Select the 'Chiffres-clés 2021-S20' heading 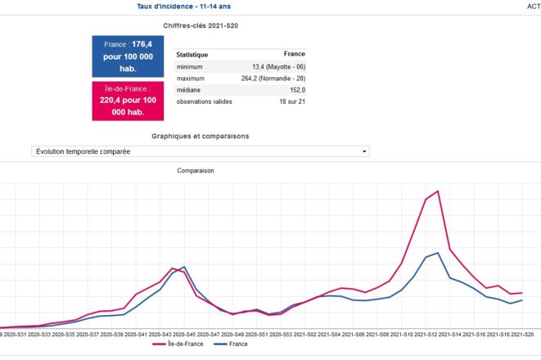pyautogui.click(x=201, y=26)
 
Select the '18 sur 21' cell pyautogui.click(x=291, y=101)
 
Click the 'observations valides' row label pyautogui.click(x=205, y=101)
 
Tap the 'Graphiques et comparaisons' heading pyautogui.click(x=201, y=136)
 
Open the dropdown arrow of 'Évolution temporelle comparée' pyautogui.click(x=364, y=151)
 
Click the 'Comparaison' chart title pyautogui.click(x=196, y=171)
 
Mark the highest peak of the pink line pyautogui.click(x=439, y=191)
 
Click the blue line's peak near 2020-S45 pyautogui.click(x=184, y=267)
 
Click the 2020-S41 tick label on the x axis pyautogui.click(x=135, y=334)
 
